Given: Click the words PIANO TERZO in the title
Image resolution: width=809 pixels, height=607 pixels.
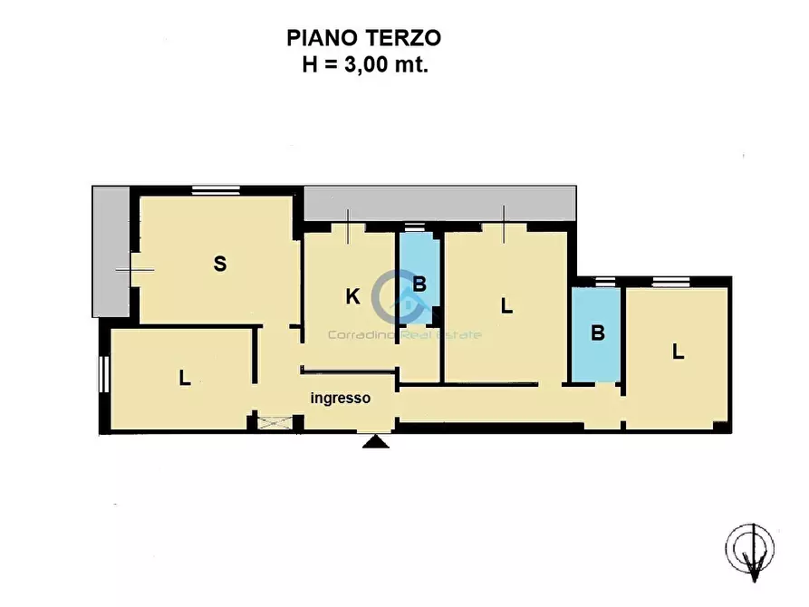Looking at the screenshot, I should tap(363, 37).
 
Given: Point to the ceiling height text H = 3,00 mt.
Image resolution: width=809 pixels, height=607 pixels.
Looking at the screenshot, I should tap(363, 64).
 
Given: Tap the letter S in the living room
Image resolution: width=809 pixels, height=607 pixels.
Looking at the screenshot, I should tap(219, 265).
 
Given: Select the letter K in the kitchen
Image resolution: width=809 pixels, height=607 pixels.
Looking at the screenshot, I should tap(352, 296).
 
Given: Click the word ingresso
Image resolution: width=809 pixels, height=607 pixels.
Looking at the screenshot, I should tap(340, 398).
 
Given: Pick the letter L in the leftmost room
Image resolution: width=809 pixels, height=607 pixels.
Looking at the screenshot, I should tap(184, 378).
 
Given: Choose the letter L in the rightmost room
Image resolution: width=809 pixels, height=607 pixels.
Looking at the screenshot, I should tap(677, 352).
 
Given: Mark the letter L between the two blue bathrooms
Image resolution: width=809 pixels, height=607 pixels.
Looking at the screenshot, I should tap(506, 306).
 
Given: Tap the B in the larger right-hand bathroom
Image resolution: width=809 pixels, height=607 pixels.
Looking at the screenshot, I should tap(597, 332).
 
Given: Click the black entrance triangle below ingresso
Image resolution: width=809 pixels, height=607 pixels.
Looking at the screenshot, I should tap(372, 441).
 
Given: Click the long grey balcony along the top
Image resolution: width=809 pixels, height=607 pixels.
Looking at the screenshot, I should tap(440, 202).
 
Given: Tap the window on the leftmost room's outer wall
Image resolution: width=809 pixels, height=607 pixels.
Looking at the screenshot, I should tap(103, 374).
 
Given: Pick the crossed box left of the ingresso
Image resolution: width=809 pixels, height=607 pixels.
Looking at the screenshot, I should tap(275, 420).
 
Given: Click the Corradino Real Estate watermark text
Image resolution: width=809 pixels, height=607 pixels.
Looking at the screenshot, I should tap(404, 334).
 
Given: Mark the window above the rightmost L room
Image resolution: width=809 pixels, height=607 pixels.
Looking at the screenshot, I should tap(670, 280).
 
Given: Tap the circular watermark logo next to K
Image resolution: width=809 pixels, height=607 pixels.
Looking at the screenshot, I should tap(399, 294).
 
